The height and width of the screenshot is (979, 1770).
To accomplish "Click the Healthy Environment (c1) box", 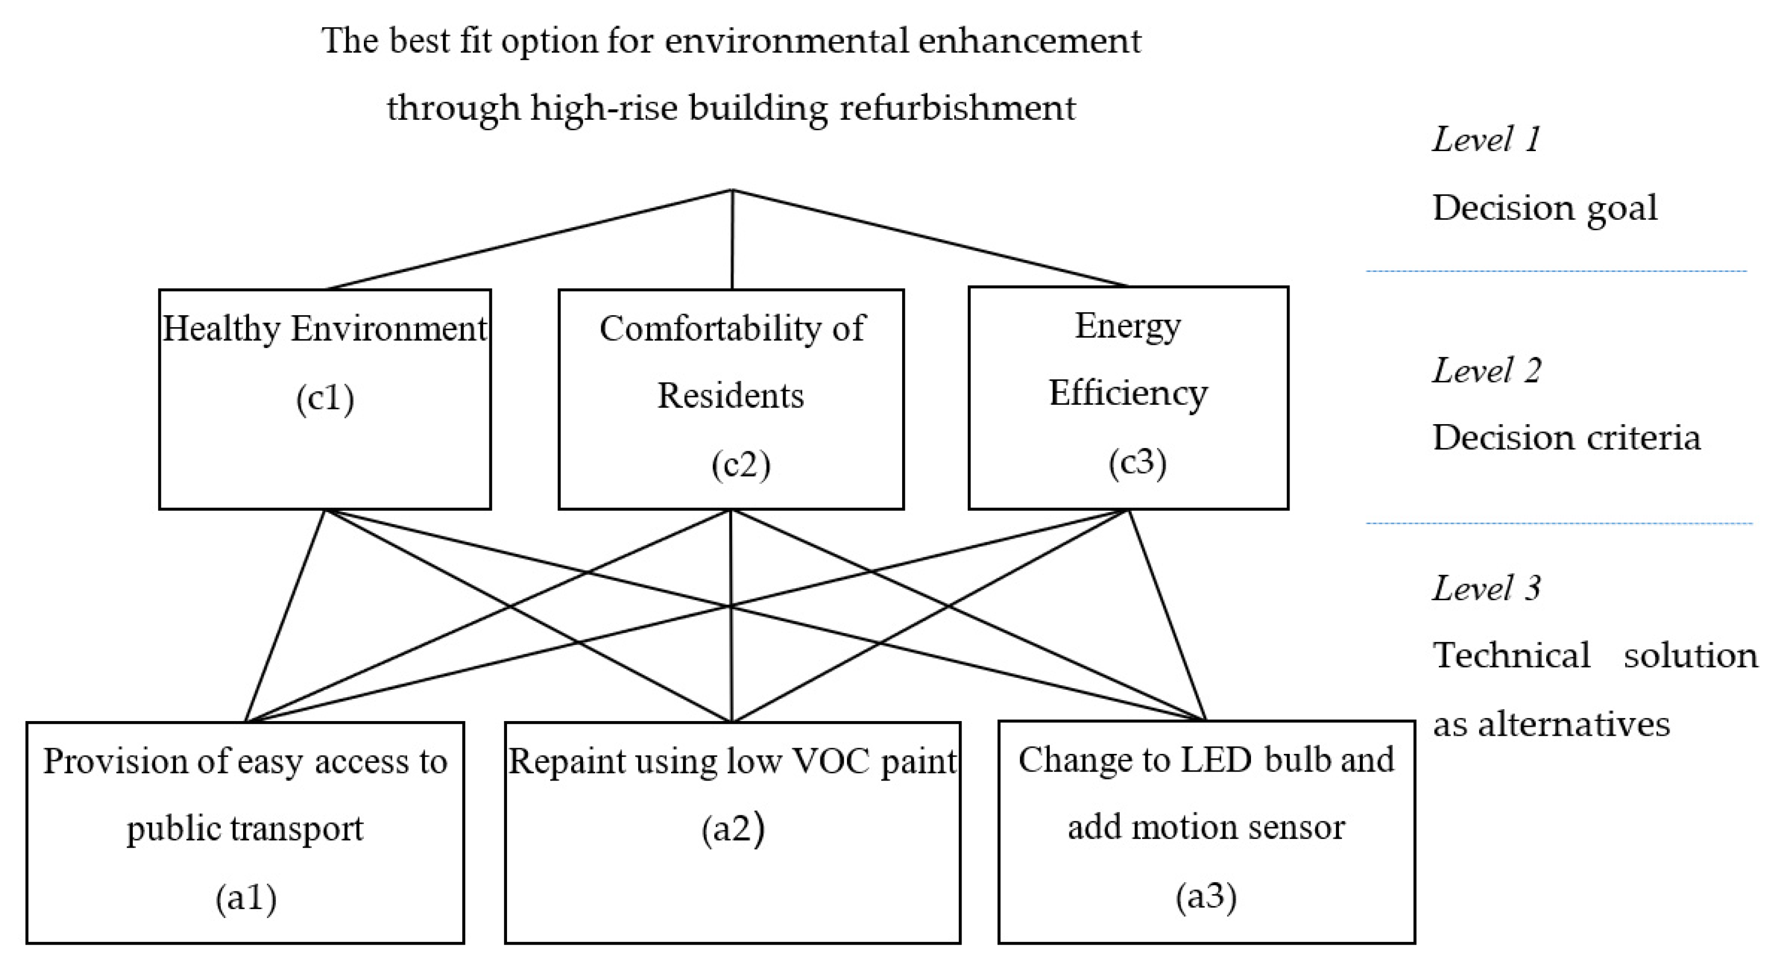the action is pos(324,399).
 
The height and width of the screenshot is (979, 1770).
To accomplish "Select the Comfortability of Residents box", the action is pos(730,399).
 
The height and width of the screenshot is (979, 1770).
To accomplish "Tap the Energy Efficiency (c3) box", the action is pos(1128,398).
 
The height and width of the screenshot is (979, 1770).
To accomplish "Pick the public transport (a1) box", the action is pos(245,832).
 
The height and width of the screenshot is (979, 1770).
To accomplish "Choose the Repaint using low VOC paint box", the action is pos(732,832).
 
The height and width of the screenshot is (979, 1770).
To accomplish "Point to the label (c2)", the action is pos(740,465).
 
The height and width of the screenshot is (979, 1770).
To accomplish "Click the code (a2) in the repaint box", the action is pos(732,828).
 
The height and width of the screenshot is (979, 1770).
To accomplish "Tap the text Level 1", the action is pos(1486,140).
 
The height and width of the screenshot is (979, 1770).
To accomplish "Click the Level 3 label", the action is pos(1486,588).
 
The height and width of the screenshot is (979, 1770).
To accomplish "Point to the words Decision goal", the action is pos(1545,207).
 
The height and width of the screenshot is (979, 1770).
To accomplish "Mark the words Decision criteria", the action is pos(1566,437).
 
